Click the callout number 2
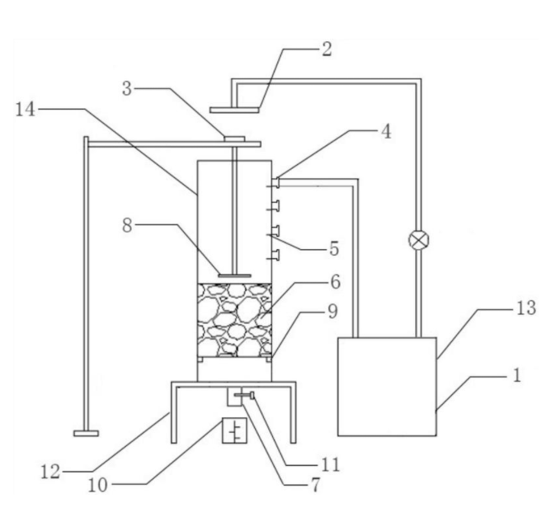(327, 48)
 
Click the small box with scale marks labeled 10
(234, 431)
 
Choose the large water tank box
(387, 386)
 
